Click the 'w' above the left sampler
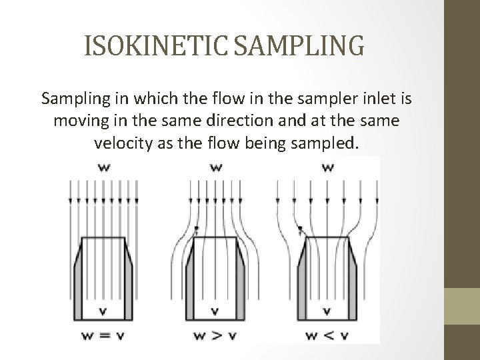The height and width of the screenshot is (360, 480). [x=104, y=168]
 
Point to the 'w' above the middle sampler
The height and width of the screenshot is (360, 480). [x=215, y=168]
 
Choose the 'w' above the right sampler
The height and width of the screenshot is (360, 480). [x=327, y=168]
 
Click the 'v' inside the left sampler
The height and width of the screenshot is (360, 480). [x=104, y=310]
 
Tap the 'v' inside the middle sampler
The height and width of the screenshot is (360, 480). [x=215, y=310]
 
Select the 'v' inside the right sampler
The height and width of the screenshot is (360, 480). [x=327, y=310]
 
